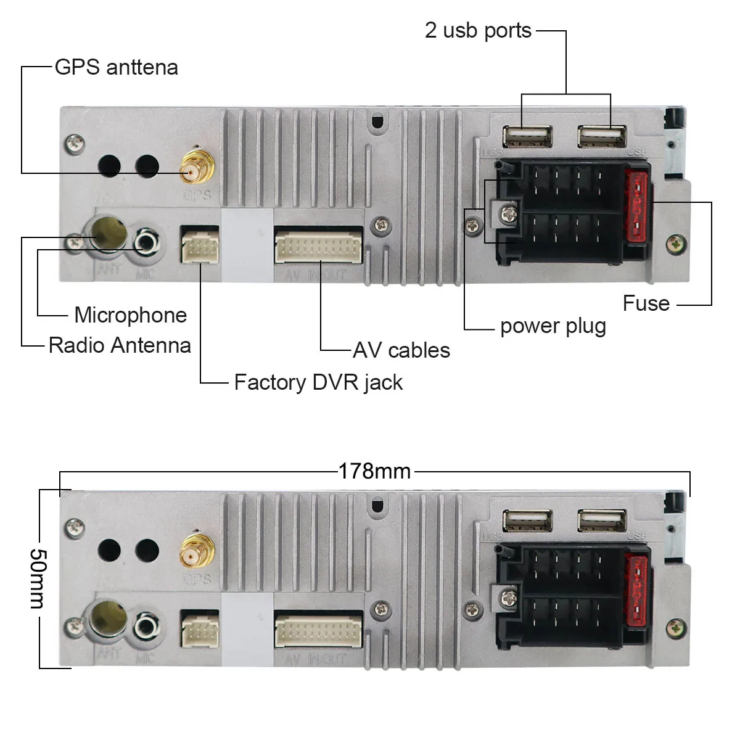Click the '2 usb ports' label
[x=478, y=30]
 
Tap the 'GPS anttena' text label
[x=116, y=67]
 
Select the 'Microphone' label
[x=130, y=315]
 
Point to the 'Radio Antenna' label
[x=120, y=345]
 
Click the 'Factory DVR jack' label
[x=318, y=382]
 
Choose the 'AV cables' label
[x=401, y=350]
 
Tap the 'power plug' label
[x=553, y=326]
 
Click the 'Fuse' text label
[x=646, y=303]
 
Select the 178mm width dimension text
[x=374, y=471]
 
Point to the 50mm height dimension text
[x=38, y=578]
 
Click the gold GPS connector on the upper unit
[x=197, y=167]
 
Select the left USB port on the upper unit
[x=527, y=136]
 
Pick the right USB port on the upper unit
[x=602, y=136]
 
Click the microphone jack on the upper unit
[x=147, y=241]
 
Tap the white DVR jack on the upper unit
[x=200, y=246]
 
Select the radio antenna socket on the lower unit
[x=109, y=619]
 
